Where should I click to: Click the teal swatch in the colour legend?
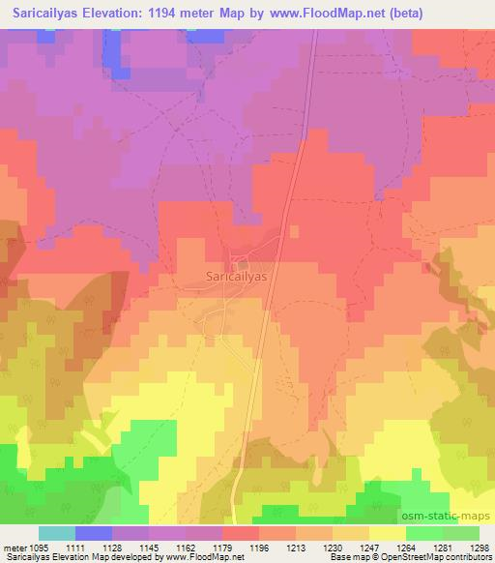pyautogui.click(x=56, y=533)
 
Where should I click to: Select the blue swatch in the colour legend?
pyautogui.click(x=93, y=533)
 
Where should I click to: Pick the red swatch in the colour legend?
pyautogui.click(x=240, y=533)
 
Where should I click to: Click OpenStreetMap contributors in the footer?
pyautogui.click(x=439, y=557)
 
